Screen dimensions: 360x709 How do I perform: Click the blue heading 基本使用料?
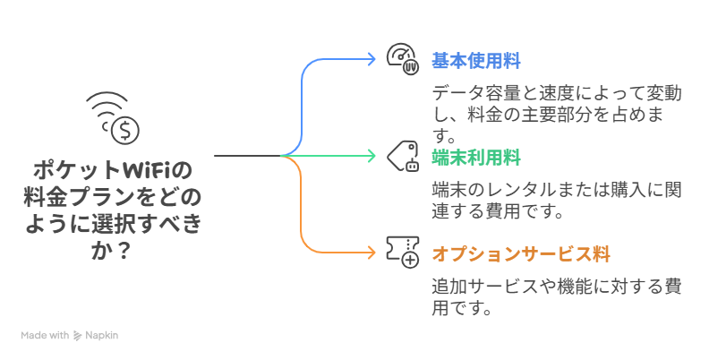click(475, 61)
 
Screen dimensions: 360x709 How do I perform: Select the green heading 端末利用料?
click(475, 158)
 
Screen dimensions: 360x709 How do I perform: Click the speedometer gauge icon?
click(402, 58)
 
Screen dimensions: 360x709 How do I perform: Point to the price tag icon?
click(403, 157)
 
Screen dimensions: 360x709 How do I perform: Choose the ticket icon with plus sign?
click(403, 252)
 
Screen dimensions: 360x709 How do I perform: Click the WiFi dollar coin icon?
click(114, 119)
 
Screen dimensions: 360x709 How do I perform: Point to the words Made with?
click(45, 336)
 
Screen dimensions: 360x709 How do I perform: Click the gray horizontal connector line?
click(246, 156)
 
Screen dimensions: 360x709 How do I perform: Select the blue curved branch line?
click(304, 99)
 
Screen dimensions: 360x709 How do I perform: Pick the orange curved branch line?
click(304, 215)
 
